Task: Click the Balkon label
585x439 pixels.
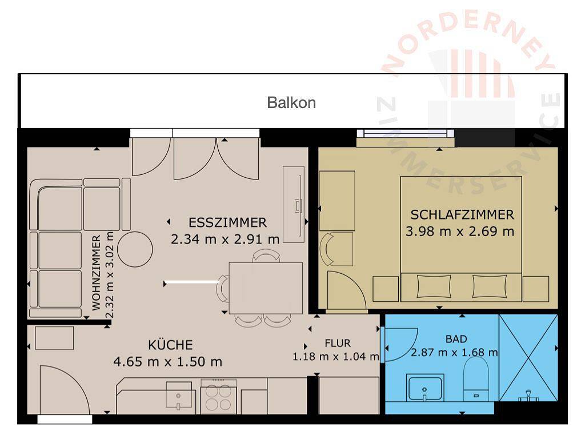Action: (x=291, y=103)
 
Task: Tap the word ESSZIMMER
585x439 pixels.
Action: (x=227, y=222)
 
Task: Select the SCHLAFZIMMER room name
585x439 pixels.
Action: (x=462, y=215)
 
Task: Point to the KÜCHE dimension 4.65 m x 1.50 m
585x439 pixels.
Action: (x=167, y=361)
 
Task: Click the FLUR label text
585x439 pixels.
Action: (x=338, y=343)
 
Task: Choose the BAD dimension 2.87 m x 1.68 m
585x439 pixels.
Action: (x=454, y=352)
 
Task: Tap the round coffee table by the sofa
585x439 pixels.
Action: (x=135, y=249)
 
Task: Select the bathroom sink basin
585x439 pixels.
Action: (x=425, y=388)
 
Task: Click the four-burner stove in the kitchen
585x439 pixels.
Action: (x=219, y=397)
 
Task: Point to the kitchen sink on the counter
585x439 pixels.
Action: (x=179, y=396)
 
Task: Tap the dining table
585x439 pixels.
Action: (x=266, y=288)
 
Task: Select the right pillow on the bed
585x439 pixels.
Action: (x=490, y=286)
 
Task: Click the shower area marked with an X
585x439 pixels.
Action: (x=528, y=358)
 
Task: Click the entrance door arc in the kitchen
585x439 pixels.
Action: (x=77, y=381)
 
